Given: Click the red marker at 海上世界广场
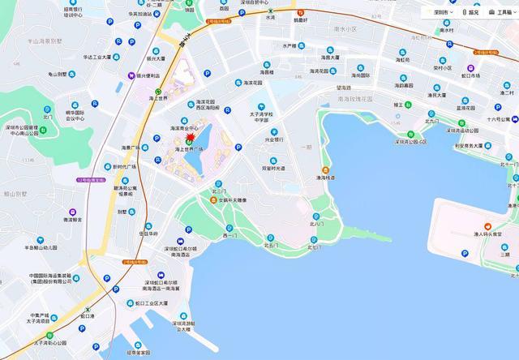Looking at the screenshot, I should tap(190, 139).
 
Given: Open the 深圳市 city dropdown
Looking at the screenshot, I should tap(442, 12).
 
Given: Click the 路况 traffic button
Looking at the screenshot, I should tap(470, 12).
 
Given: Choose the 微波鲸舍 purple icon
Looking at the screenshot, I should tap(75, 219).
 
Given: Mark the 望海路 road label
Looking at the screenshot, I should tap(345, 87).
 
